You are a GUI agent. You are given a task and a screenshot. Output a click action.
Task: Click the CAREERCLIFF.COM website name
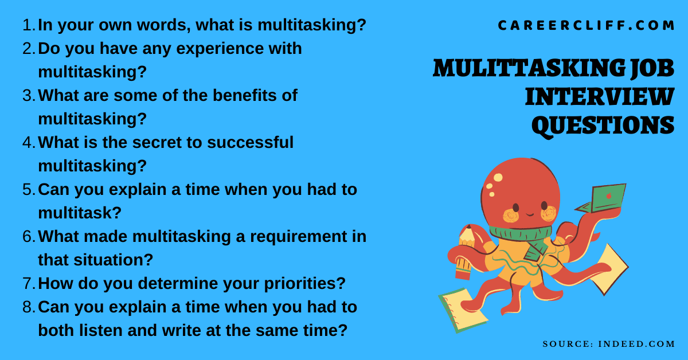pos(586,26)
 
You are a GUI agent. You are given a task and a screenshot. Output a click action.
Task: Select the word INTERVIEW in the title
pos(599,97)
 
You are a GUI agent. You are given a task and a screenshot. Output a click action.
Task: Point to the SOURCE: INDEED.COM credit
pos(608,344)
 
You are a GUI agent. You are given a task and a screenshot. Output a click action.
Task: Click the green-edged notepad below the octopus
pos(462,310)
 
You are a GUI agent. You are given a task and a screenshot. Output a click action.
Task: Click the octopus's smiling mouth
pos(529,214)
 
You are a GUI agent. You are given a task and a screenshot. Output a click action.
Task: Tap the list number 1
pos(28,25)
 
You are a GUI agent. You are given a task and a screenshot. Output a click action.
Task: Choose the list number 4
pos(28,143)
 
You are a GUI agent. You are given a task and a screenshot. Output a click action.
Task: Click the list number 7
pos(28,283)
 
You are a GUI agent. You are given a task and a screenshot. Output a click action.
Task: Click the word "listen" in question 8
pos(106,330)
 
